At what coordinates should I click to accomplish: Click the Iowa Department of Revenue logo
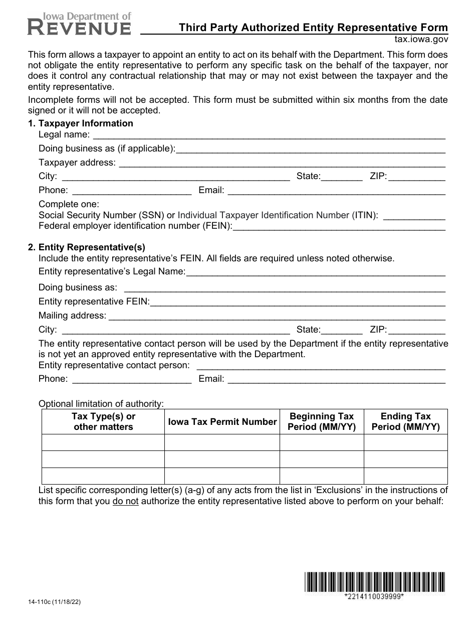click(80, 23)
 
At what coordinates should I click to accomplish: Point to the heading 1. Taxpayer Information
click(81, 123)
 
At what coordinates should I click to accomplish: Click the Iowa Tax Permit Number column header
click(222, 422)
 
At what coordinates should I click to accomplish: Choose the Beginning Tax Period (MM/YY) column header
click(322, 422)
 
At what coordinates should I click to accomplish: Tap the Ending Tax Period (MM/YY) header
click(405, 422)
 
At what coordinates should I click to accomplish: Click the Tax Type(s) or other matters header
click(103, 422)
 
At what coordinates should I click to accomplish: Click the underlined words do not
click(125, 501)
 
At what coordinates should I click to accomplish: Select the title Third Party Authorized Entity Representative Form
click(314, 28)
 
